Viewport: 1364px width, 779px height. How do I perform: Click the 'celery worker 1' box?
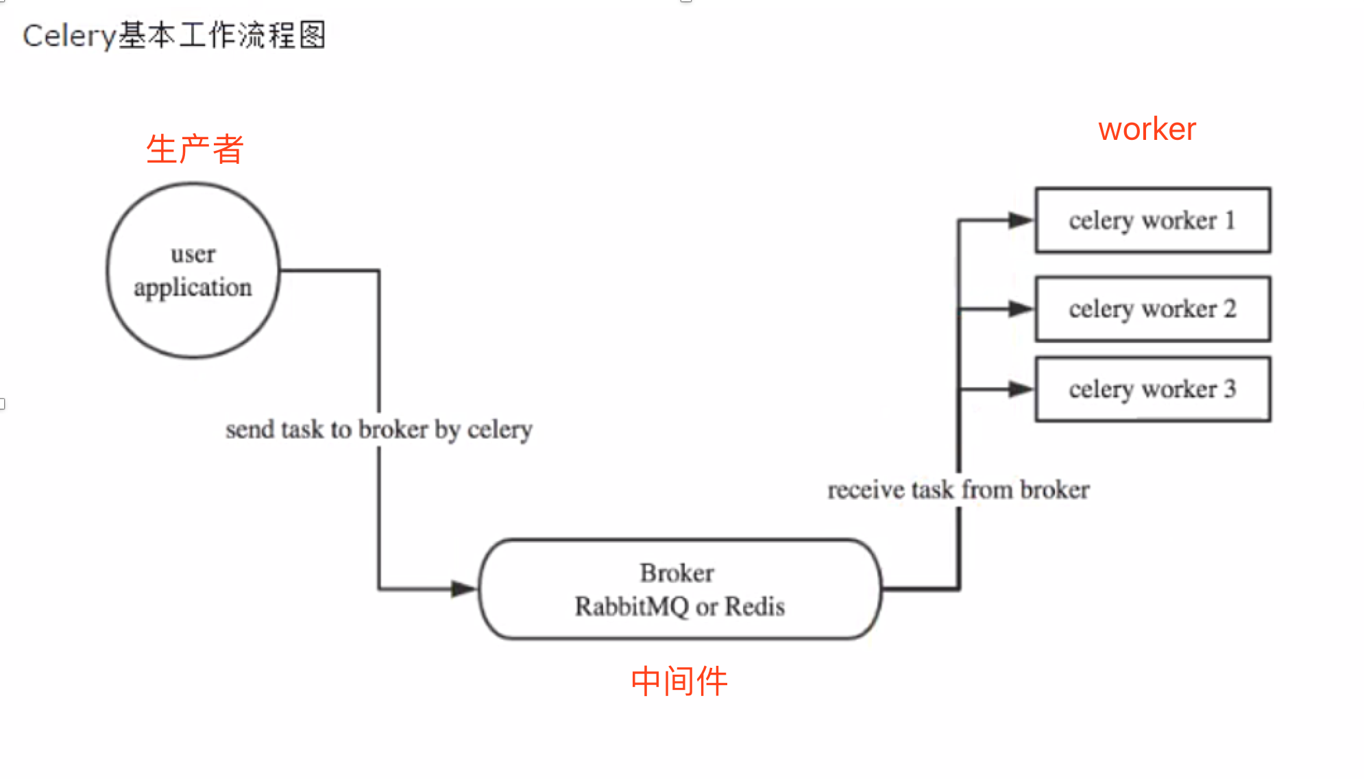[x=1152, y=220]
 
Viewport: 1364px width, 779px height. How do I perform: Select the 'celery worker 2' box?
[x=1152, y=309]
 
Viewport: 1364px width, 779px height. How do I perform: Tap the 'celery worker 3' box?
[x=1152, y=389]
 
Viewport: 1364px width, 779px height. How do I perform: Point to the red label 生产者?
[x=195, y=149]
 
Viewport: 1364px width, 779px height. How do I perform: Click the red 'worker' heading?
[x=1147, y=129]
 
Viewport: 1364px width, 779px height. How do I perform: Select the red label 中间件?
[x=679, y=681]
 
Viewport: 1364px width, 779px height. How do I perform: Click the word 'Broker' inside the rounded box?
[x=677, y=573]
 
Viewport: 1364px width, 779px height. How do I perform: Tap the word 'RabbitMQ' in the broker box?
[x=631, y=606]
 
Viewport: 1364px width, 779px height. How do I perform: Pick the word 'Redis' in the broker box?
[x=755, y=606]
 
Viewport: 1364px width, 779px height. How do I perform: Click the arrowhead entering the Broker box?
[x=464, y=588]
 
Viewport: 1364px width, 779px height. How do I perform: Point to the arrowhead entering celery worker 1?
[x=1021, y=220]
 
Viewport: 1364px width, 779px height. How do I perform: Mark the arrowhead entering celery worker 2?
[x=1021, y=309]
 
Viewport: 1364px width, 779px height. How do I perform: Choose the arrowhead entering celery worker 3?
[x=1021, y=389]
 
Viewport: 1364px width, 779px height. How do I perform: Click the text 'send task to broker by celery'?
[x=379, y=429]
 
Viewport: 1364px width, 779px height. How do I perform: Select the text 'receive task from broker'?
[x=958, y=490]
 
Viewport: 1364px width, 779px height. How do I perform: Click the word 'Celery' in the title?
[x=69, y=36]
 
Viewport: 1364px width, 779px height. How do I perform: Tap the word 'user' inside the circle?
[x=193, y=254]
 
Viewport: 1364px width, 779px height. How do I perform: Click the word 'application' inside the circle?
[x=193, y=287]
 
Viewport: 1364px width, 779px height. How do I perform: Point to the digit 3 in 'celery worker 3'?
[x=1230, y=389]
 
